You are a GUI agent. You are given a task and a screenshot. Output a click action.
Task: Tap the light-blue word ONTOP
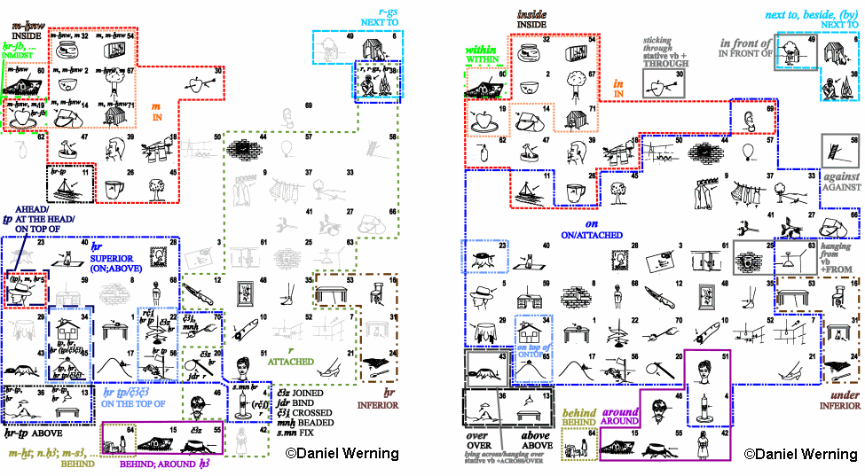(536, 355)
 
